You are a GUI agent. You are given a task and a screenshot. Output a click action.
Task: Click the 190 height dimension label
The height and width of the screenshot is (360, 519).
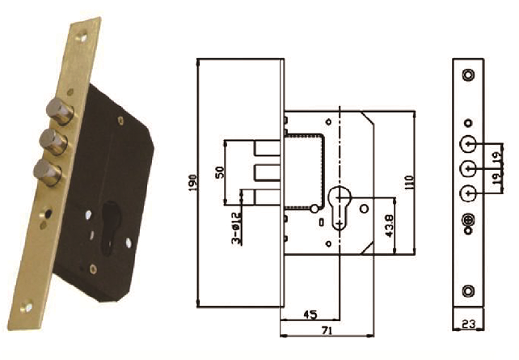click(192, 183)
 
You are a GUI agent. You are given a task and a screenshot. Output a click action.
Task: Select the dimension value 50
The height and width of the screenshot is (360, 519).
click(220, 172)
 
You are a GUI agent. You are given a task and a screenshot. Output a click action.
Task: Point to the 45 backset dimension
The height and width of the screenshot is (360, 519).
click(310, 315)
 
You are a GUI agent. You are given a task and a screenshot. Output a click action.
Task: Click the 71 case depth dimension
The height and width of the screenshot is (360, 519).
click(327, 330)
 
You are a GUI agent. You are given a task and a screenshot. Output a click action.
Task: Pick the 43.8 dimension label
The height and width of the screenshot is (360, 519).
click(390, 227)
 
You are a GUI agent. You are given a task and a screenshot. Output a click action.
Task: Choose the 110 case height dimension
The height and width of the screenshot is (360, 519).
click(409, 183)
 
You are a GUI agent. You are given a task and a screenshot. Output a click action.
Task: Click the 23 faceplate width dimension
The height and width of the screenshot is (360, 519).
click(468, 324)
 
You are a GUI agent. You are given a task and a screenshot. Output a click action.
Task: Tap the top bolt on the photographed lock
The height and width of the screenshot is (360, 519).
click(60, 110)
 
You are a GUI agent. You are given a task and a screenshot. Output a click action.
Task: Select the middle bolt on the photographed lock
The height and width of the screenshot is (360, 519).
click(53, 142)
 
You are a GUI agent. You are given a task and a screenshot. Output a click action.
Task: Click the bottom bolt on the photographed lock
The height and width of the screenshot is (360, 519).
click(48, 172)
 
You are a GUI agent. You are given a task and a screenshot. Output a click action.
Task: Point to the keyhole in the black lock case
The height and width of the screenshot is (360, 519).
click(110, 227)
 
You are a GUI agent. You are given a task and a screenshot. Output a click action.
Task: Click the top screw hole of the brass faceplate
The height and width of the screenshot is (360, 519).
click(82, 38)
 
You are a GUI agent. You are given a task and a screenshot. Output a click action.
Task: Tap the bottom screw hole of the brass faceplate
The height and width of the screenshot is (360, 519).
click(27, 307)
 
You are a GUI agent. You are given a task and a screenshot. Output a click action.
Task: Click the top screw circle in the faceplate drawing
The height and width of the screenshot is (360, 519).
click(468, 74)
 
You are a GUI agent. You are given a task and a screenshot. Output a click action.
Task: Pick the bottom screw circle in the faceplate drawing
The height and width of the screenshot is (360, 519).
click(467, 290)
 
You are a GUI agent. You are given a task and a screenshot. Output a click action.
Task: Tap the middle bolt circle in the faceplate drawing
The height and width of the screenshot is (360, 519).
click(468, 169)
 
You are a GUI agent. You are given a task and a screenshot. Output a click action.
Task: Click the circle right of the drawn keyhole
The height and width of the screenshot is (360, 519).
click(364, 209)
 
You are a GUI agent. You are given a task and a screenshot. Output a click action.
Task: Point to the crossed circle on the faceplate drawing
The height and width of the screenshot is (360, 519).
click(467, 219)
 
